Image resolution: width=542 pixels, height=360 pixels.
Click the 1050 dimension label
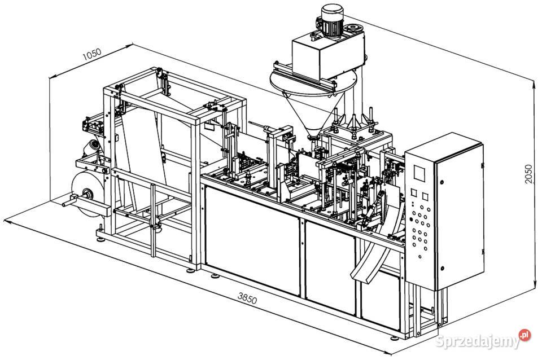point(92,54)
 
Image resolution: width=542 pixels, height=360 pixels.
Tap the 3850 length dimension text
point(247,298)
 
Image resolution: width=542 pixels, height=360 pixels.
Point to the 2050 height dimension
point(528,174)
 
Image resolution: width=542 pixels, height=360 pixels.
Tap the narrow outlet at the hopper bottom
point(313,137)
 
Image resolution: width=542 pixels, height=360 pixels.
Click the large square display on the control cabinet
point(420,173)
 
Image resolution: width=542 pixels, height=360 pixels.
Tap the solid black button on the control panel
point(411,219)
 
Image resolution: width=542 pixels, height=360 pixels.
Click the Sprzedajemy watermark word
point(477,341)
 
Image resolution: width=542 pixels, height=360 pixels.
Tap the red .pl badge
point(524,335)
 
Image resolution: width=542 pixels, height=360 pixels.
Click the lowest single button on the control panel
point(419,257)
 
